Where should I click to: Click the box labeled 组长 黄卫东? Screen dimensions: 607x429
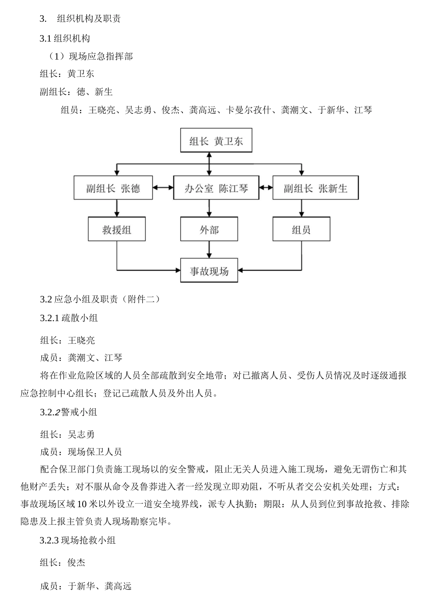216,141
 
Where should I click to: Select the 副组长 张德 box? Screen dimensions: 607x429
113,187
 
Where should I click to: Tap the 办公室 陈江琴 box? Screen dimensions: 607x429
216,187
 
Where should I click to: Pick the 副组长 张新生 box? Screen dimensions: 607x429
315,187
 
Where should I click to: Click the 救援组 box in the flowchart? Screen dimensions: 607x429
117,229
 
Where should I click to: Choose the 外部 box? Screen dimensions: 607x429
209,229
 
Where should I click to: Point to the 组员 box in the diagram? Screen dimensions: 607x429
301,229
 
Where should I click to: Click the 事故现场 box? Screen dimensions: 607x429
209,271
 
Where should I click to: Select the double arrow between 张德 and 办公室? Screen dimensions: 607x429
163,187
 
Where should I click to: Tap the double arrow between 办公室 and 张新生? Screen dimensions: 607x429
266,187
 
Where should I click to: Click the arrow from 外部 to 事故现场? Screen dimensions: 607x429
209,249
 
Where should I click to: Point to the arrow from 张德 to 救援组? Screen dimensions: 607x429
117,208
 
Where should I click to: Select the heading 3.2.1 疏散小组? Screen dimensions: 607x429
69,318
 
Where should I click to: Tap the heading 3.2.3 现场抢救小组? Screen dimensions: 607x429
78,540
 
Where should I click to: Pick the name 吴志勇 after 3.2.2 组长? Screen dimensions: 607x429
81,434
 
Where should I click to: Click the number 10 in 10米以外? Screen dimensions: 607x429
82,504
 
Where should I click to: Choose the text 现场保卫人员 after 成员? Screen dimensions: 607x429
95,452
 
